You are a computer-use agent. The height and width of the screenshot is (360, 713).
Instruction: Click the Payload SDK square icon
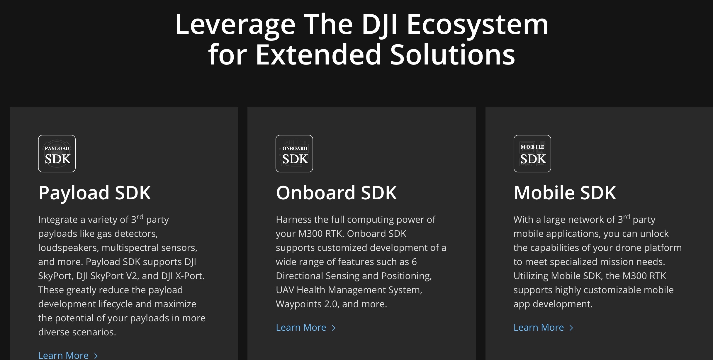tap(57, 154)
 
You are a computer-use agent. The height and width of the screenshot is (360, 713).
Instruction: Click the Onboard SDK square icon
tap(294, 154)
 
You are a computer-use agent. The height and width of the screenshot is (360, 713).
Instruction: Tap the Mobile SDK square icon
tap(532, 154)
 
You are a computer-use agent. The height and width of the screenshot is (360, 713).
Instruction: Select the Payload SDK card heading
tap(94, 193)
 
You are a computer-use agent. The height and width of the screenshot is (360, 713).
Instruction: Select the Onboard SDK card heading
tap(336, 193)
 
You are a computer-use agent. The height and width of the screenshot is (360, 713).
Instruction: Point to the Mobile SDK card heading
tap(565, 193)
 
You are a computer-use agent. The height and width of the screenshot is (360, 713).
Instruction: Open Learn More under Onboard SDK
tap(301, 327)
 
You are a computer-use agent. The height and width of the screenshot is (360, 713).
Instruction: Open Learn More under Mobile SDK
tap(539, 327)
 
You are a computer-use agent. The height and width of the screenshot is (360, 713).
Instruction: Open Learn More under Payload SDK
tap(63, 355)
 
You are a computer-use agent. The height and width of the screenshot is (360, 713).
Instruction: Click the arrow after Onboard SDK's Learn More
tap(333, 328)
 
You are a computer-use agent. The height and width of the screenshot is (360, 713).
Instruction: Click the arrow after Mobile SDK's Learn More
tap(571, 328)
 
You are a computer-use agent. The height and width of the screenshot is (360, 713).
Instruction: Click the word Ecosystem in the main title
tap(477, 25)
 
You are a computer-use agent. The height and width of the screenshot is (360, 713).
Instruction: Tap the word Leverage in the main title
tap(235, 25)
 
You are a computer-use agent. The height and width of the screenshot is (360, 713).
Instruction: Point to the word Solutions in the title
tap(452, 55)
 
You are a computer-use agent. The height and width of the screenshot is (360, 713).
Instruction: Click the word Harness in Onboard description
tap(293, 220)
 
